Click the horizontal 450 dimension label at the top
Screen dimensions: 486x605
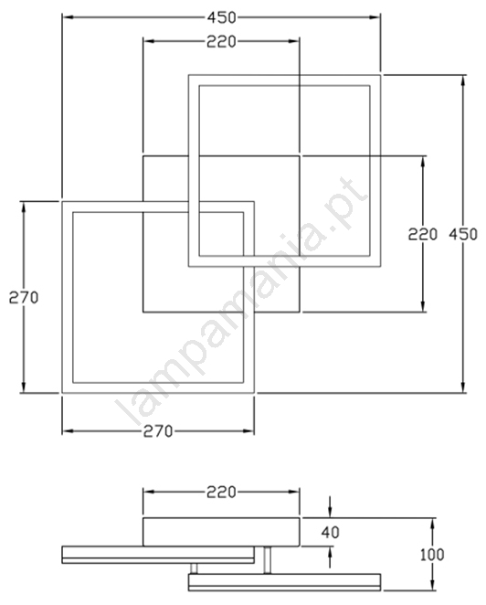pos(221,17)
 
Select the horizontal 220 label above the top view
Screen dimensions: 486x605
pos(221,42)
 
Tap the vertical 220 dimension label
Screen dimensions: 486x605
pos(423,234)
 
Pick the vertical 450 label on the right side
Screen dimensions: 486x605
pos(463,234)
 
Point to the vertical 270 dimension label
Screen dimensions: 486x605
pos(24,298)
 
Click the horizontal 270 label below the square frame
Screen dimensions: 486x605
pos(158,431)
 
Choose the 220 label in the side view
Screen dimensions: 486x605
pos(221,492)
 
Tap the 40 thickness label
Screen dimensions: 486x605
pos(330,533)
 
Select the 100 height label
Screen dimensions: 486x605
pos(432,555)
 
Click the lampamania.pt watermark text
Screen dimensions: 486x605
pos(241,301)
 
